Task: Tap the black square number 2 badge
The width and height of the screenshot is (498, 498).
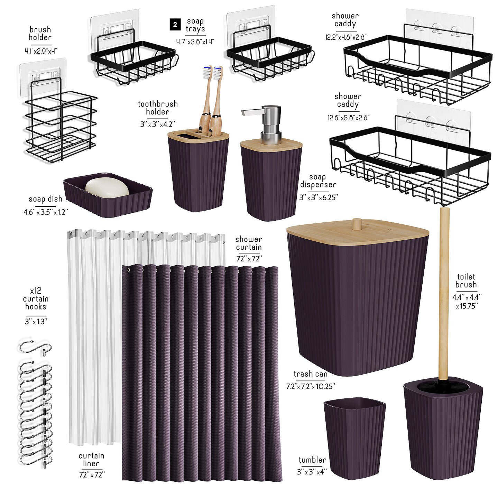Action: pos(175,25)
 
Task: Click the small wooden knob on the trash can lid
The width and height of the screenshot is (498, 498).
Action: pos(354,224)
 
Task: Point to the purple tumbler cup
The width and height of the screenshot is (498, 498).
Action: pos(354,437)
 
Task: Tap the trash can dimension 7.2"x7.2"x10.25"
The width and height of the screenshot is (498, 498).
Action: pos(310,386)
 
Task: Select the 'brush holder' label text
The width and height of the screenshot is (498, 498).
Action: pos(40,34)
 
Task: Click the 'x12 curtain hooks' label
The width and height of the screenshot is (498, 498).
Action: pos(36,298)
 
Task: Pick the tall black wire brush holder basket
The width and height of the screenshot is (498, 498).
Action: pos(61,124)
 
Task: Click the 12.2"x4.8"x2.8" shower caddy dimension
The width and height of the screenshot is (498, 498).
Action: pos(345,37)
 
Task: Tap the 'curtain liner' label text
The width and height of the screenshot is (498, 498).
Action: pos(91,460)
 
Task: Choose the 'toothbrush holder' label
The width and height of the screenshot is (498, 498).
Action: pos(158,108)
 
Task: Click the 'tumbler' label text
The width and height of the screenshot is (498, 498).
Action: pos(312,460)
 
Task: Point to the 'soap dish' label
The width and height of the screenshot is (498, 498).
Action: pos(45,199)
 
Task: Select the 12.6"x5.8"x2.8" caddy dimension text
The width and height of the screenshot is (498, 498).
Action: pos(348,118)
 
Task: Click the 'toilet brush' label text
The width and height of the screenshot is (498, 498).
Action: pos(466,281)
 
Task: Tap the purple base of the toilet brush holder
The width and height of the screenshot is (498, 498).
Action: pos(443,432)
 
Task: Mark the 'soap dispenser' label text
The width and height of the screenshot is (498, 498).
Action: pos(318,181)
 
